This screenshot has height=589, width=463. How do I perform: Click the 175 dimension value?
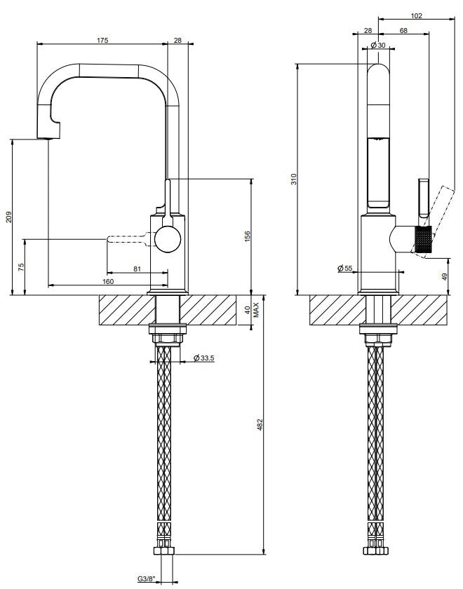102,40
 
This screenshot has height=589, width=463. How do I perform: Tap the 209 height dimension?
9,217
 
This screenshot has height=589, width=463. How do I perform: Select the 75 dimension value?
21,267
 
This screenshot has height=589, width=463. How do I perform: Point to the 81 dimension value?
137,269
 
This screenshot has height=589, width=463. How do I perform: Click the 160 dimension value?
108,281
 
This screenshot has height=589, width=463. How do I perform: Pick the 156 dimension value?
247,237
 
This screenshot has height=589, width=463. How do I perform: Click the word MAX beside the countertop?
256,310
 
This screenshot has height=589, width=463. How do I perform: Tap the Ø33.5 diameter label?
203,358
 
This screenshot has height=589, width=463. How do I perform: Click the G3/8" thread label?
147,579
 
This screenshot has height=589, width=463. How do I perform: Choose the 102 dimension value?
417,15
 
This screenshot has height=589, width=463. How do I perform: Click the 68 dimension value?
403,30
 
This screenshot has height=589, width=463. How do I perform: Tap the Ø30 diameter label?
378,45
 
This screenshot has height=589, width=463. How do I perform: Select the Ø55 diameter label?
345,268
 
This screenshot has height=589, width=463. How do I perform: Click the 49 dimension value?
444,277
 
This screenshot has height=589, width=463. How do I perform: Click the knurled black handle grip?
424,239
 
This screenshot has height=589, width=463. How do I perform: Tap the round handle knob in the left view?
168,239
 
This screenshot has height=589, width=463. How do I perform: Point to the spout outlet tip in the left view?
48,138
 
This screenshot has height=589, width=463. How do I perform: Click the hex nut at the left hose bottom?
164,551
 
